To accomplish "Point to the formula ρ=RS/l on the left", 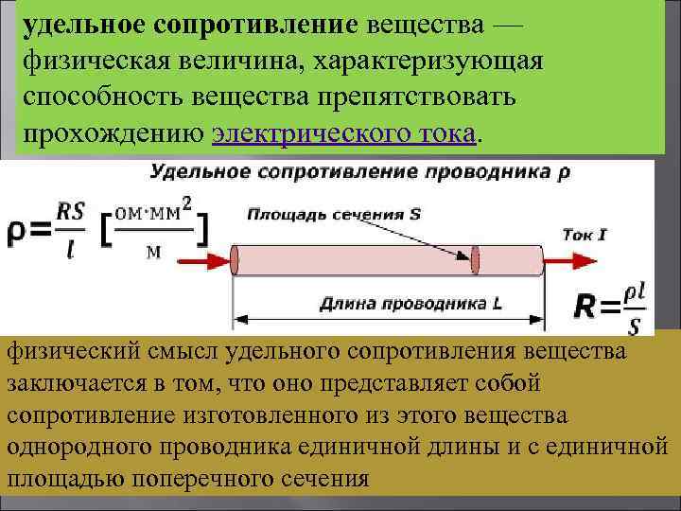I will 47,230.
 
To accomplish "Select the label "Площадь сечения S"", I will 333,213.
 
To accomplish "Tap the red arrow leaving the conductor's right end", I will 577,257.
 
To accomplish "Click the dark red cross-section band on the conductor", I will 477,258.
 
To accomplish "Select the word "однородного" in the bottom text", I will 84,447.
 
